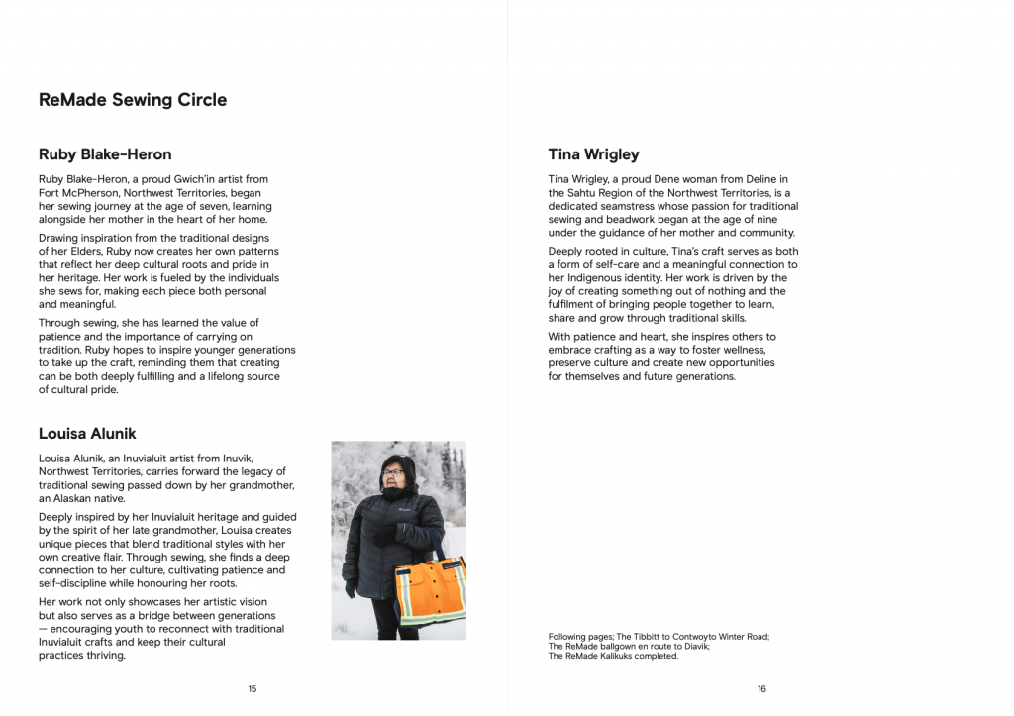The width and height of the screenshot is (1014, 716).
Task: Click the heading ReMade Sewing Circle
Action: [133, 100]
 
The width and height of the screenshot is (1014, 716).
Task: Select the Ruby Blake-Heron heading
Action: [105, 154]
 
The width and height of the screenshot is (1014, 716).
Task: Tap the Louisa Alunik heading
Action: [87, 434]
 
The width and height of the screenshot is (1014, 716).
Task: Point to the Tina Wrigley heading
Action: [593, 154]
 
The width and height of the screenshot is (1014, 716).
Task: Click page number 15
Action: [253, 689]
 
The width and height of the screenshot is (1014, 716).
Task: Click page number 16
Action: [761, 689]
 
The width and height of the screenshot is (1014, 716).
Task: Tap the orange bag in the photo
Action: [431, 591]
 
